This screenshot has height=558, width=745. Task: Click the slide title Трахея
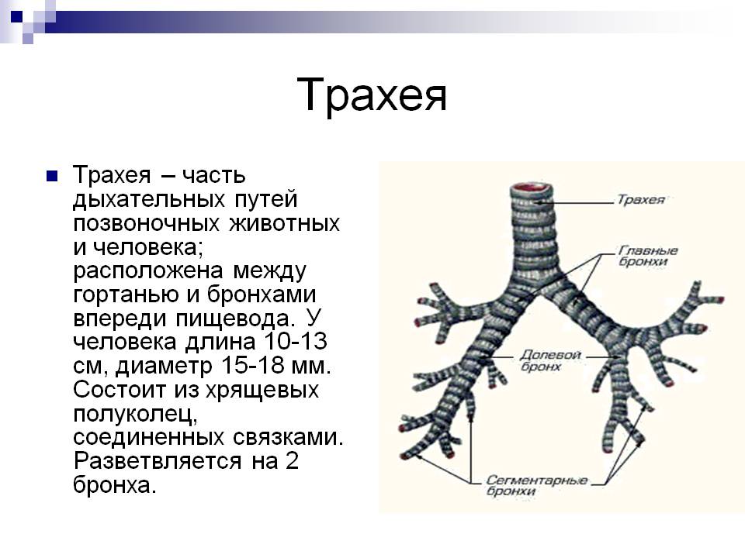372,95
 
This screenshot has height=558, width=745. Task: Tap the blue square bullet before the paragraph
52,177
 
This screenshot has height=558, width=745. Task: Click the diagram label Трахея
640,199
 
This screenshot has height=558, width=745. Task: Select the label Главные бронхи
648,256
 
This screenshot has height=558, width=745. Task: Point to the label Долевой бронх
550,360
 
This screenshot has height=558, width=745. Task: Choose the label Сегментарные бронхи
537,486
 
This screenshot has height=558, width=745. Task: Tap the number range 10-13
296,342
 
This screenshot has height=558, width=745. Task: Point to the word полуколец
135,415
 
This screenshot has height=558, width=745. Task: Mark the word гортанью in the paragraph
126,295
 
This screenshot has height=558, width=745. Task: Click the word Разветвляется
158,461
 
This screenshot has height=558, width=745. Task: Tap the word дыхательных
149,200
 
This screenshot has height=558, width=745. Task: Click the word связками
288,437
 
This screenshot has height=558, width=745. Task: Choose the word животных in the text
285,223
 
